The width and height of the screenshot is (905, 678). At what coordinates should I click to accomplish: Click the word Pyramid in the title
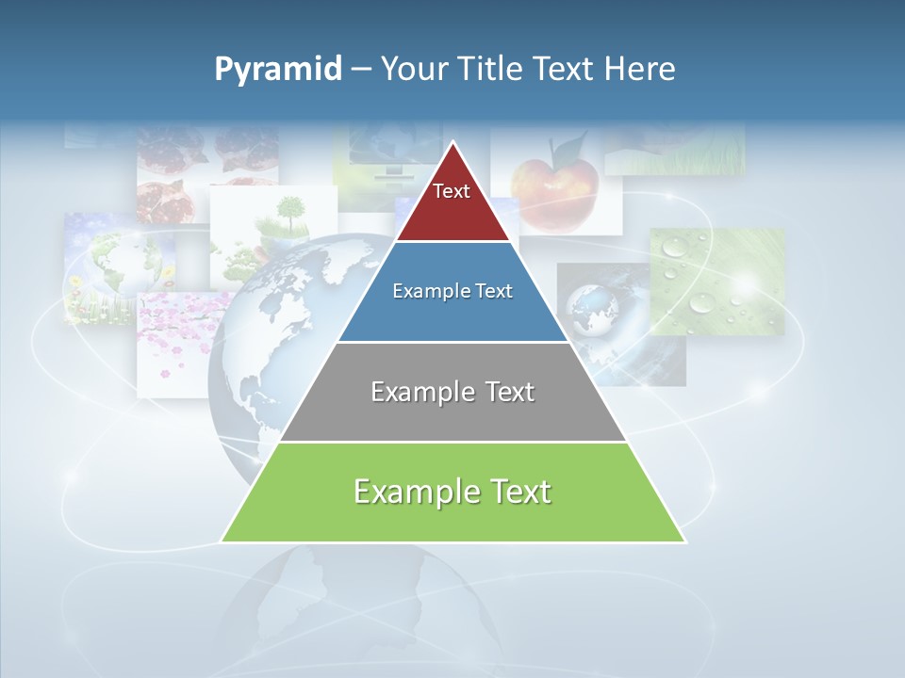pyautogui.click(x=278, y=70)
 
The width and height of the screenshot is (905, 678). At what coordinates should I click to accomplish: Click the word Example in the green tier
pyautogui.click(x=416, y=492)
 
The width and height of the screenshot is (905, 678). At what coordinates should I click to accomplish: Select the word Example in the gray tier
pyautogui.click(x=421, y=392)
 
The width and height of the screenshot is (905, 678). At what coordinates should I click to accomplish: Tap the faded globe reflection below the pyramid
pyautogui.click(x=368, y=603)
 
